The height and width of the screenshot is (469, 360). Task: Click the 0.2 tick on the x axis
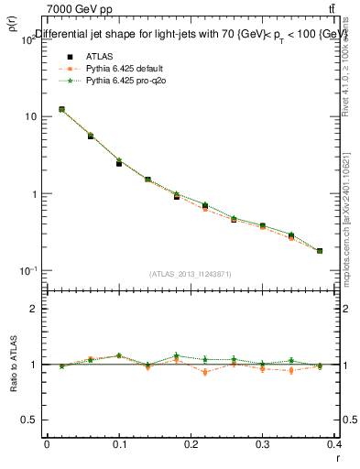coord(191,443)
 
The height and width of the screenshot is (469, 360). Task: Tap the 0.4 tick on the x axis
coord(334,443)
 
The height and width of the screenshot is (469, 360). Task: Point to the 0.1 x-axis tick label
coord(118,443)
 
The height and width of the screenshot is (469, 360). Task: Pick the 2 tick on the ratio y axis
coord(33,309)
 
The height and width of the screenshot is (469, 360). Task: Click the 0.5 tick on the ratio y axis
coord(28,420)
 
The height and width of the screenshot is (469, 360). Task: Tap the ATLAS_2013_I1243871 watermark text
coord(191,274)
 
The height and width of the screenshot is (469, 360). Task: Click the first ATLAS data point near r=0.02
coord(61,109)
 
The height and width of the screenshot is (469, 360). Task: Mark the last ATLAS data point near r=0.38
coord(320,251)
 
